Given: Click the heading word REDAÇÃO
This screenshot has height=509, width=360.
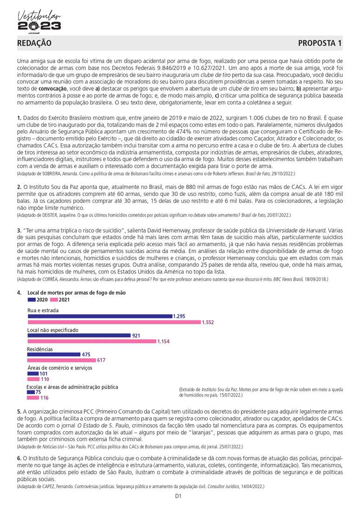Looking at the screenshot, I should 34,43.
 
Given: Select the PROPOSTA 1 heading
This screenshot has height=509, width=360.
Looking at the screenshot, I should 320,43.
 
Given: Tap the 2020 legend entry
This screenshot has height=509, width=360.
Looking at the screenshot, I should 39,300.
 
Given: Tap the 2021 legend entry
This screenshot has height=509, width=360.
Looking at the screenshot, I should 61,300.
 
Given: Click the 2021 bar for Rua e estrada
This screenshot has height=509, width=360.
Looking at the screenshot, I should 114,322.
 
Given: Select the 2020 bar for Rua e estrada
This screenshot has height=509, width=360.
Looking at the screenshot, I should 100,316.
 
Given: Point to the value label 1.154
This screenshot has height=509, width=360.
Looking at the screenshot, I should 164,342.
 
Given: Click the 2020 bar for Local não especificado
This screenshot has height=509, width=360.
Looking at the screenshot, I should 79,335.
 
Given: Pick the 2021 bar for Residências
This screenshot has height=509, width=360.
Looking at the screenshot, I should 61,361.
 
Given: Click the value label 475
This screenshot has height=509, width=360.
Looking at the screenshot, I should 86,355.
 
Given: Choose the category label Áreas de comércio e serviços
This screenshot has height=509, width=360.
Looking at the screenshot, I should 60,368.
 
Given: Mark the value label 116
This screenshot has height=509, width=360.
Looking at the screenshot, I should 44,398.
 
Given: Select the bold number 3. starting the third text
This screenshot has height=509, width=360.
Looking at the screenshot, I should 19,230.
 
